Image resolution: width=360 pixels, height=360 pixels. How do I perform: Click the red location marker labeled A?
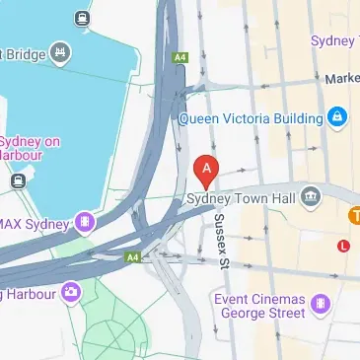coord(206,171)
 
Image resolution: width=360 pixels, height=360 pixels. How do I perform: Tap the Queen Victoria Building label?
coord(251,118)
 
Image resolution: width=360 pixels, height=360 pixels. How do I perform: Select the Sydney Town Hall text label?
coord(241,199)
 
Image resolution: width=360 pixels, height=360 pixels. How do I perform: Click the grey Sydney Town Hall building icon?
coord(312,198)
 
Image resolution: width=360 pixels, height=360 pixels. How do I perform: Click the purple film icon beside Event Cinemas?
coord(321,304)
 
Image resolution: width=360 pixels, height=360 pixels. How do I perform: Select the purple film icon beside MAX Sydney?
coord(87,222)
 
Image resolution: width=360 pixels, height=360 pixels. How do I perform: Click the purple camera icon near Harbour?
coord(70,291)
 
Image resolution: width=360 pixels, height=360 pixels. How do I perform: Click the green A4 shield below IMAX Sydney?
coord(132,256)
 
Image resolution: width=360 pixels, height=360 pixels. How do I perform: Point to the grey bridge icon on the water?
coord(62,52)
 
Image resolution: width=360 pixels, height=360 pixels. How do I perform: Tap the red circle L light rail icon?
coord(343,244)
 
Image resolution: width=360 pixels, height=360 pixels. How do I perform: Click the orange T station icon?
coord(354,213)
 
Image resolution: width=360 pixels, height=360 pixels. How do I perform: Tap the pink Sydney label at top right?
coord(333,40)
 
